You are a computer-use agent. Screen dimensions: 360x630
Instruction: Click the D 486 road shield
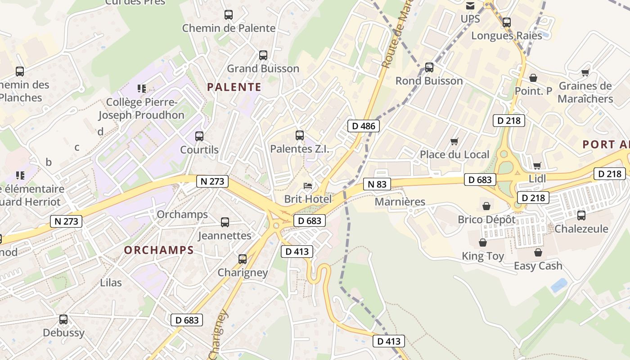point(364,126)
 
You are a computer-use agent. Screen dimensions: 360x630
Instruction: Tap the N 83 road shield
point(377,184)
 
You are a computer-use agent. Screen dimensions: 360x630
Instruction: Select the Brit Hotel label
point(308,199)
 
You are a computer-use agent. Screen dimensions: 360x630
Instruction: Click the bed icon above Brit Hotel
point(308,185)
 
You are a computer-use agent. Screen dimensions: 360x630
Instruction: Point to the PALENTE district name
point(234,87)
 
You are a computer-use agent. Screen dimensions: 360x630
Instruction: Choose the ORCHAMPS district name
point(159,250)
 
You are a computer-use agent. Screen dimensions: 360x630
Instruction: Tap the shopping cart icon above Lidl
point(537,166)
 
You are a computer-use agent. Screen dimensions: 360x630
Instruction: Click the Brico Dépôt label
point(486,220)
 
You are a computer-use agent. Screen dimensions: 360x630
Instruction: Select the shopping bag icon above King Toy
point(483,243)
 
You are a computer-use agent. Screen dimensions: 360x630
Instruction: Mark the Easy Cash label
point(538,266)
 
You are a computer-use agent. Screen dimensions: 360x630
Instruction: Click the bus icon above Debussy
point(63,319)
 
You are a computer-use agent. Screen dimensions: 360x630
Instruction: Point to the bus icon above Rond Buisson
point(429,67)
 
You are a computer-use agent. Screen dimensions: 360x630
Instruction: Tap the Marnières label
point(400,202)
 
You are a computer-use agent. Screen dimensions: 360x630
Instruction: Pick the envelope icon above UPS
point(470,6)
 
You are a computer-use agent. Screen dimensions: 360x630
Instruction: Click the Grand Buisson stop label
point(263,69)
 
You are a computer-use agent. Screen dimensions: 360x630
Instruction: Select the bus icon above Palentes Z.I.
point(299,135)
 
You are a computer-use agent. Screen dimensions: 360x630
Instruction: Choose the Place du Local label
point(454,155)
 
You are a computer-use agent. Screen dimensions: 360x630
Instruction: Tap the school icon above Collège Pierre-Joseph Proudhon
point(142,89)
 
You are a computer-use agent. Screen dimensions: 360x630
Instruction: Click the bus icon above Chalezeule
point(581,216)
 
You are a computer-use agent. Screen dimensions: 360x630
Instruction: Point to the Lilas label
point(111,283)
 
